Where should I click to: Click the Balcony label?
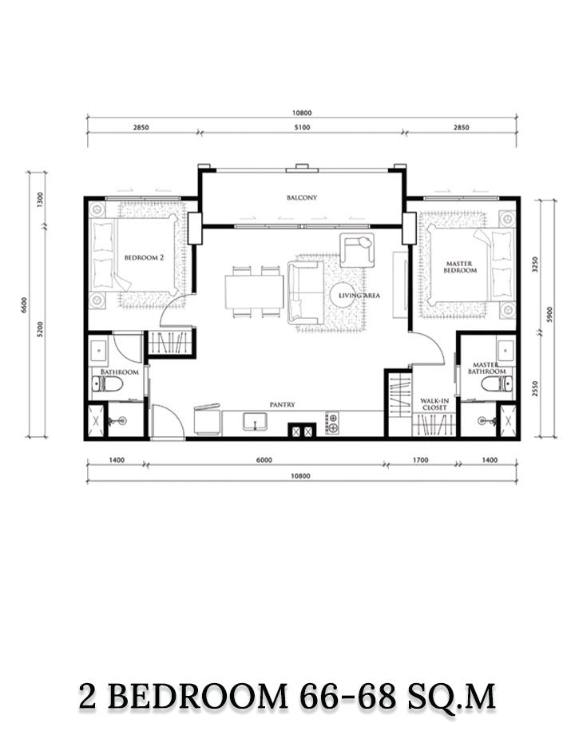(x=302, y=197)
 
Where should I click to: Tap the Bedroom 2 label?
(x=144, y=257)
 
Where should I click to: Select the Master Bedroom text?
(x=460, y=267)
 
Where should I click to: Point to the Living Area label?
(x=359, y=295)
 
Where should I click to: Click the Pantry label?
(x=282, y=405)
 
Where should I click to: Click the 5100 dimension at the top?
(x=302, y=128)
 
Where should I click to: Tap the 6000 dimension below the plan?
(x=264, y=460)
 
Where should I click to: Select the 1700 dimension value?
(x=421, y=460)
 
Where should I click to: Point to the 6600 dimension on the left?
(x=24, y=305)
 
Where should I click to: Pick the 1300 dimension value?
(x=40, y=200)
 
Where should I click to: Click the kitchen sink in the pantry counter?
(x=255, y=422)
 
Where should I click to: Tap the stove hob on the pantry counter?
(x=332, y=423)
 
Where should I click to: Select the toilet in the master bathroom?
(x=497, y=383)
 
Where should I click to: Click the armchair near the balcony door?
(x=356, y=250)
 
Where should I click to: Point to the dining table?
(x=254, y=292)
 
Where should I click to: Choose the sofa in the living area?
(x=306, y=292)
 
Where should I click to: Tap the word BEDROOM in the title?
(x=201, y=697)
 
